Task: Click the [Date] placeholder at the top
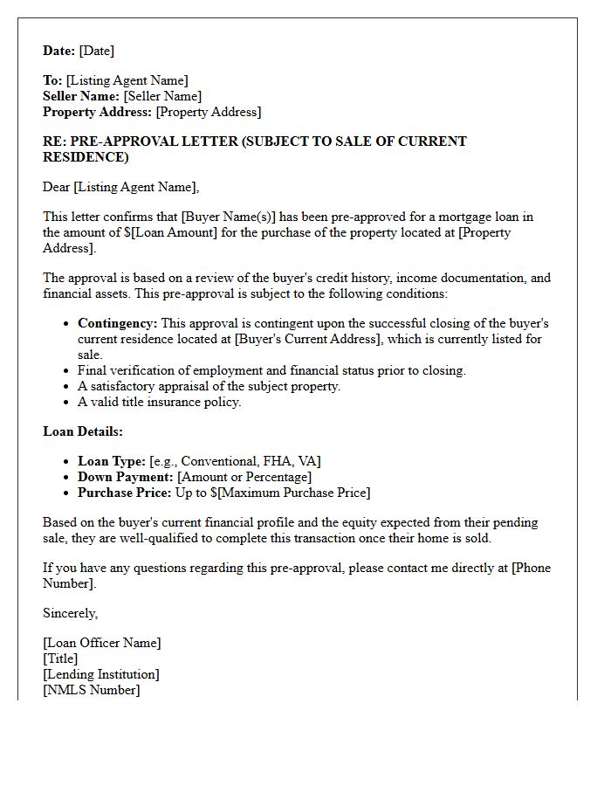coord(97,51)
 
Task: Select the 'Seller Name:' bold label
coord(81,96)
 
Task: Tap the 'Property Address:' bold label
coord(97,112)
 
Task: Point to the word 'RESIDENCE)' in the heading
coord(86,157)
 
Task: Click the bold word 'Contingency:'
coord(118,323)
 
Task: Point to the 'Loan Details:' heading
coord(83,431)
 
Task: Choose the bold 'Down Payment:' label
coord(126,477)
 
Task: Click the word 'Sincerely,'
coord(71,613)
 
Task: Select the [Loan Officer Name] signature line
coord(102,643)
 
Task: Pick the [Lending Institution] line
coord(101,674)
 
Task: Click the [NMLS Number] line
coord(92,690)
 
